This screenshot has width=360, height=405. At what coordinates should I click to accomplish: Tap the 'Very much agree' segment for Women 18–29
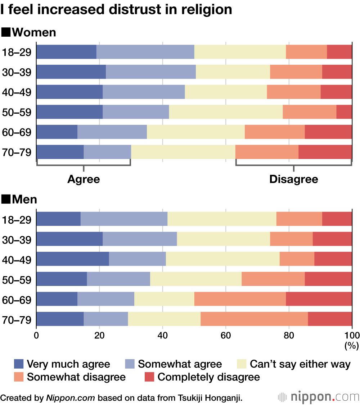point(66,52)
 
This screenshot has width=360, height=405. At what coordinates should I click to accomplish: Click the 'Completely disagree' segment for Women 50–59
point(344,112)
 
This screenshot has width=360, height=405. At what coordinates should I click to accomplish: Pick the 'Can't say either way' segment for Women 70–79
point(183,152)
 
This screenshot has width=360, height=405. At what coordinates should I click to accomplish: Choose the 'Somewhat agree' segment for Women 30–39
point(151,72)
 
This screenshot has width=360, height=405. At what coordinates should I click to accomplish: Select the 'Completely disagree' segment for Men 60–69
point(319,299)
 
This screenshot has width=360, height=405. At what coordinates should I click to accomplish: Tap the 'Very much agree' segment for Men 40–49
point(72,259)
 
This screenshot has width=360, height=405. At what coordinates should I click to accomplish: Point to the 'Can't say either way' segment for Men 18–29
point(222,219)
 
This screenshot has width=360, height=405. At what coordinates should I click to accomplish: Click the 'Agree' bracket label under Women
point(84,179)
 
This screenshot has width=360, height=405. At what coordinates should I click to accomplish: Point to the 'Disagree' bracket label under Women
point(294,179)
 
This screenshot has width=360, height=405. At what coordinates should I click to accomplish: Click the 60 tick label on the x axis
point(226,336)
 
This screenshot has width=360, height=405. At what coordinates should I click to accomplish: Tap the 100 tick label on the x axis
point(352,336)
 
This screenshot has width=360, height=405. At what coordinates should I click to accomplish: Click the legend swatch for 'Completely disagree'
point(149,377)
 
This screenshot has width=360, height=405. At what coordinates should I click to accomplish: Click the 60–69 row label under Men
point(17,300)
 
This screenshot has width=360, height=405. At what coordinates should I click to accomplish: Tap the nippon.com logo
point(318,397)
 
